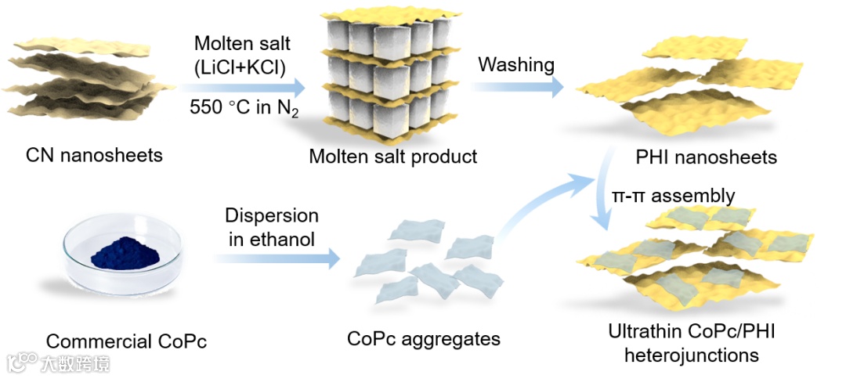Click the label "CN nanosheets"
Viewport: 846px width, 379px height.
tap(94, 154)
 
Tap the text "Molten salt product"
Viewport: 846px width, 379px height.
tap(392, 156)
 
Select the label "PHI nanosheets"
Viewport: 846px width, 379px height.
tap(707, 157)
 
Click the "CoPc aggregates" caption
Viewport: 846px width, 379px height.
tap(423, 339)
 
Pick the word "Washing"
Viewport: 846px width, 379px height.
tap(515, 64)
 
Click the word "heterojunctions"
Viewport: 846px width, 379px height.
tap(691, 355)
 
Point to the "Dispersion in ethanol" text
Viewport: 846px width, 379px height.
tap(272, 227)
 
